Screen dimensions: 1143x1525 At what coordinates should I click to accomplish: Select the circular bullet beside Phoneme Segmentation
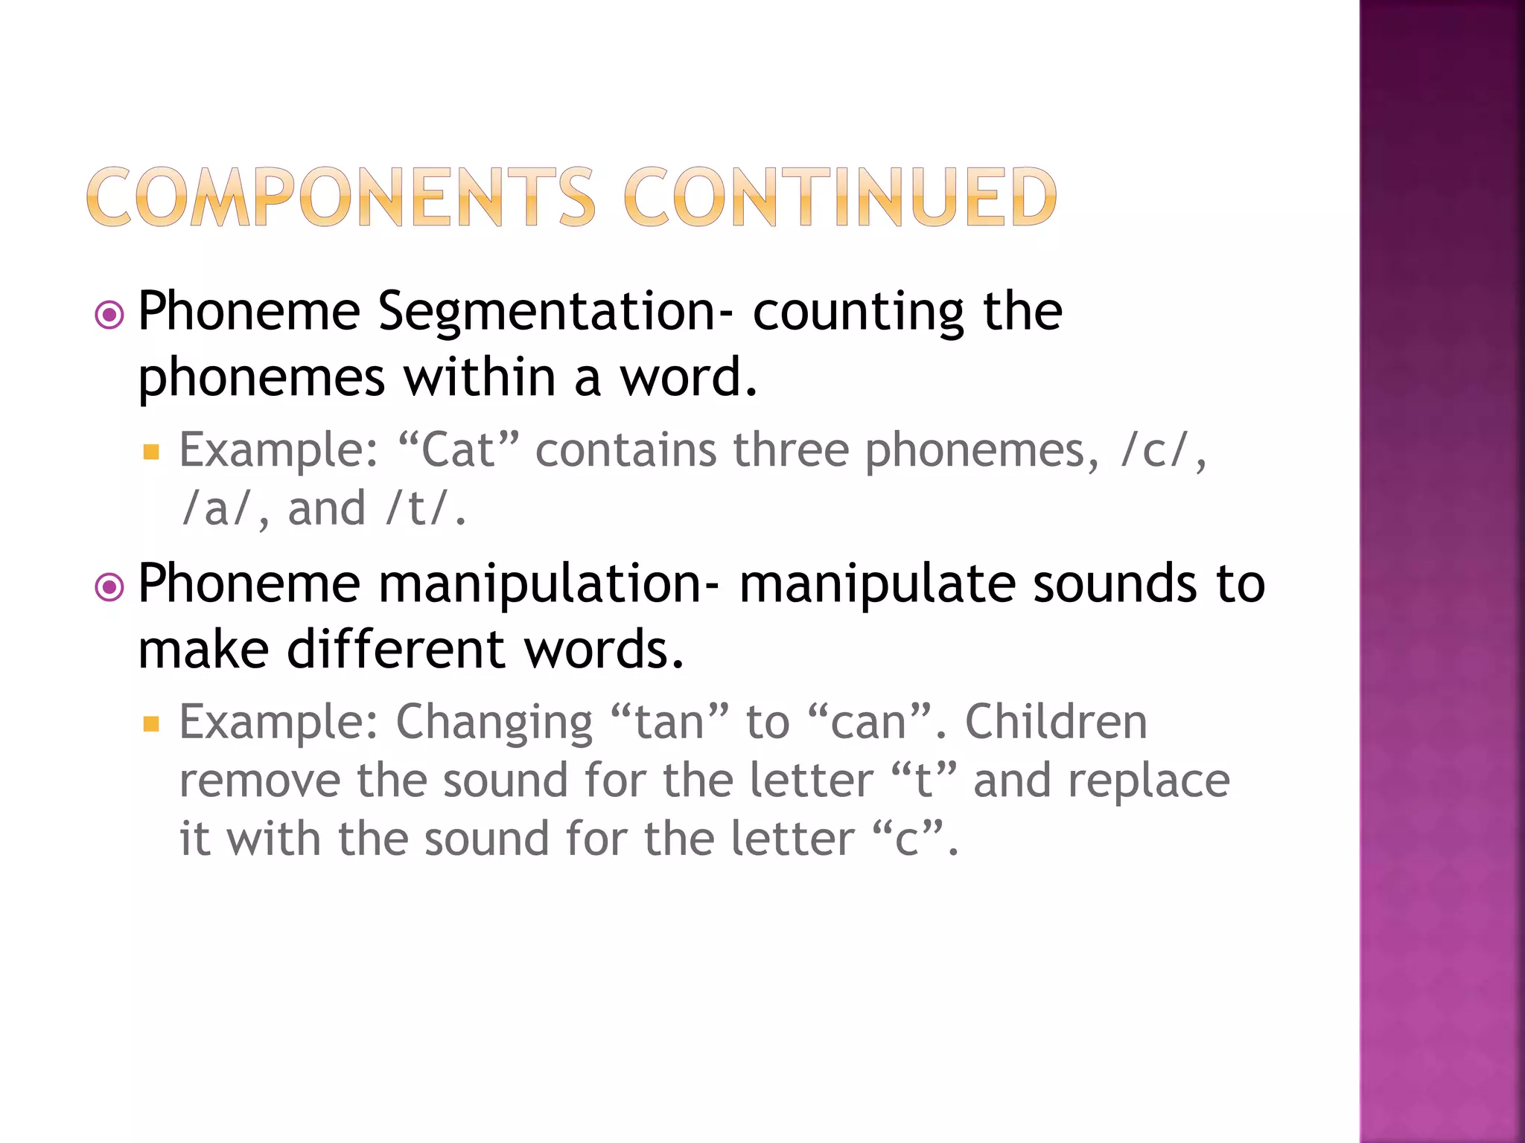pos(110,316)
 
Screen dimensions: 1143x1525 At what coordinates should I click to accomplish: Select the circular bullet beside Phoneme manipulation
pos(110,588)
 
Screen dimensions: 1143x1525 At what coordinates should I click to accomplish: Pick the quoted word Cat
pos(458,450)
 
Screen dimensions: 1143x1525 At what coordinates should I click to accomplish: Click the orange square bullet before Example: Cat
pos(152,452)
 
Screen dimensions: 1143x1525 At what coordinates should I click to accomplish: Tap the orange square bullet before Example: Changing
pos(152,723)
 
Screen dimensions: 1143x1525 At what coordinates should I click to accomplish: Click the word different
pos(397,649)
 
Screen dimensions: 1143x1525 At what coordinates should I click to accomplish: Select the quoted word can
pos(868,722)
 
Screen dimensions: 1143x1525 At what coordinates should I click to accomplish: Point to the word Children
pos(1056,722)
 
